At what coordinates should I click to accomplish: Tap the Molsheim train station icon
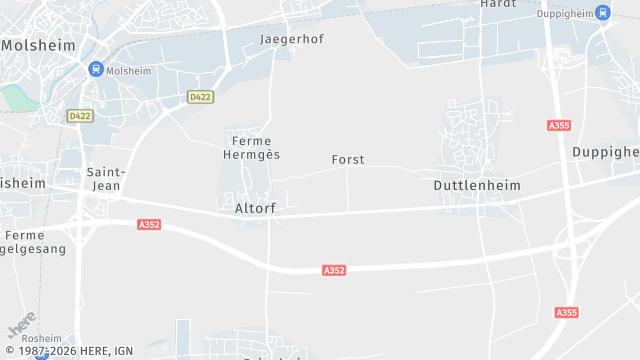pyautogui.click(x=95, y=69)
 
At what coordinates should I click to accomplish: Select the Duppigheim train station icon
pyautogui.click(x=602, y=12)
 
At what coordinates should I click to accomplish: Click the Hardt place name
pyautogui.click(x=498, y=4)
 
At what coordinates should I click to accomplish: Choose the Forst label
pyautogui.click(x=348, y=159)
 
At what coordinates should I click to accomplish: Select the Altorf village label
pyautogui.click(x=254, y=208)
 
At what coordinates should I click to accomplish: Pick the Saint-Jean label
pyautogui.click(x=105, y=177)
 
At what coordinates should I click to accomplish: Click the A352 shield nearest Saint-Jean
pyautogui.click(x=149, y=225)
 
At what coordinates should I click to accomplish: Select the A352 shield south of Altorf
pyautogui.click(x=334, y=270)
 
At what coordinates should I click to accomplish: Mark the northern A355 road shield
pyautogui.click(x=559, y=125)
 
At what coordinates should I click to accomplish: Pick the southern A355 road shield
pyautogui.click(x=566, y=312)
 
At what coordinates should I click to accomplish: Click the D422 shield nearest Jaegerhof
pyautogui.click(x=200, y=97)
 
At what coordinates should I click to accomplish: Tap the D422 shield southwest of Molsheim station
pyautogui.click(x=80, y=116)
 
